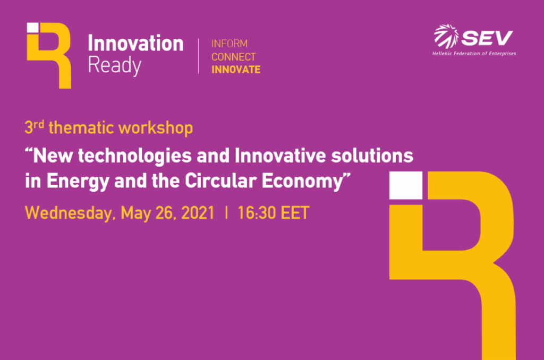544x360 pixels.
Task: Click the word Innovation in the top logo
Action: point(135,44)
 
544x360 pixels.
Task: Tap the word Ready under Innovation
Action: point(115,65)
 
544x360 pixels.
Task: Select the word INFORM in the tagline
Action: point(229,44)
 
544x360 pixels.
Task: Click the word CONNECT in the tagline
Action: point(234,57)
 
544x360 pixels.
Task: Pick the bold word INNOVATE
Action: point(236,70)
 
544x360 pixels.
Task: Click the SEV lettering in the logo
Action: point(487,38)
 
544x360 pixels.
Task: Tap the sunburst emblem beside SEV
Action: point(446,36)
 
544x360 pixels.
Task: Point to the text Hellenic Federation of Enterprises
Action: point(474,54)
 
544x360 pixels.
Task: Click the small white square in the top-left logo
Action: point(33,28)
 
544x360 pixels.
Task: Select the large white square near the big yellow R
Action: point(405,185)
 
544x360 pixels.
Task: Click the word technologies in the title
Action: point(134,156)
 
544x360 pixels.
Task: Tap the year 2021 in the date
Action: point(198,212)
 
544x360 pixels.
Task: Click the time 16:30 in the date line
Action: point(257,212)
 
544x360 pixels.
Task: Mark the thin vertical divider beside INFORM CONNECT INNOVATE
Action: point(199,56)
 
